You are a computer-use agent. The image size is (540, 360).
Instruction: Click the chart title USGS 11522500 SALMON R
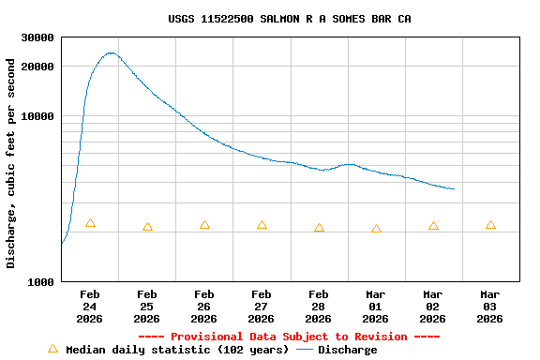(289, 19)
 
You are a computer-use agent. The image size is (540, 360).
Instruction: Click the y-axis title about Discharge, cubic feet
(11, 163)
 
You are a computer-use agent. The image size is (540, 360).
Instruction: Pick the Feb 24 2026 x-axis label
(90, 307)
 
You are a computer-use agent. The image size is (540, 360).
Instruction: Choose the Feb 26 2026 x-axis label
(204, 307)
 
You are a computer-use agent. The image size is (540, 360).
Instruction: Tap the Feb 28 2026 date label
(319, 307)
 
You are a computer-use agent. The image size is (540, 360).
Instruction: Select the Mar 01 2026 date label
(376, 307)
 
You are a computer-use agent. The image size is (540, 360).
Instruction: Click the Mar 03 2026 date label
(490, 307)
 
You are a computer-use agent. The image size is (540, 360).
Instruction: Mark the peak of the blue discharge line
(112, 53)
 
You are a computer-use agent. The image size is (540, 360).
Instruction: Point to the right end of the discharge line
(454, 188)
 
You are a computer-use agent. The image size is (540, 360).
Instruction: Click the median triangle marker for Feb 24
(90, 223)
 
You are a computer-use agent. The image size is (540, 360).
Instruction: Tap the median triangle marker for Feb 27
(262, 225)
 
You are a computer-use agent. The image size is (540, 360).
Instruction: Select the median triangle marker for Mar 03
(490, 225)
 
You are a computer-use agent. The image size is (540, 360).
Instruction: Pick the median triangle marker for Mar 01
(376, 229)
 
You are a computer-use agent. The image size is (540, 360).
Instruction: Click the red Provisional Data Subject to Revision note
(289, 337)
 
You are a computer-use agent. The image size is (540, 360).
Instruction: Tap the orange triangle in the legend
(52, 349)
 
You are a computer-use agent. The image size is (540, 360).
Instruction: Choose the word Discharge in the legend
(347, 350)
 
